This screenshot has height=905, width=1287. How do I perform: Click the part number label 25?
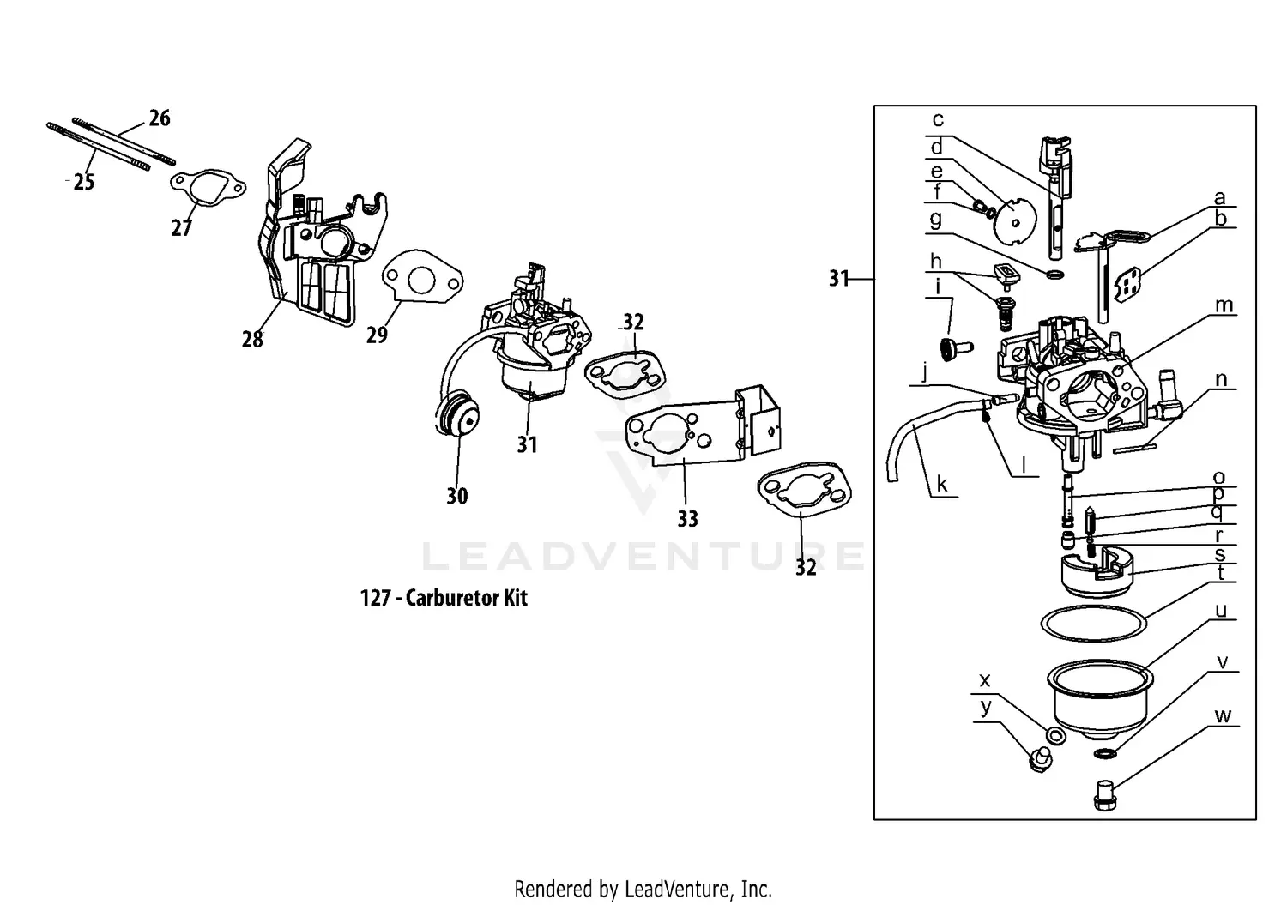(x=83, y=182)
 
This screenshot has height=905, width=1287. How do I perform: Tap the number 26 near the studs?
(x=160, y=118)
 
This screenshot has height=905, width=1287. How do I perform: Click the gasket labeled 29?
(x=421, y=279)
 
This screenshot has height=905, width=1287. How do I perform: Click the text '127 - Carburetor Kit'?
(x=444, y=598)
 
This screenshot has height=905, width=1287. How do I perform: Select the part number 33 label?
(x=687, y=518)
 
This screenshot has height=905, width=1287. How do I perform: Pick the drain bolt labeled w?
(x=1104, y=795)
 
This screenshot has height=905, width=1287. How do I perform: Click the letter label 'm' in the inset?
(x=1224, y=305)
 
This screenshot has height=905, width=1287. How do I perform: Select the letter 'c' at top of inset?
(x=938, y=120)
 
